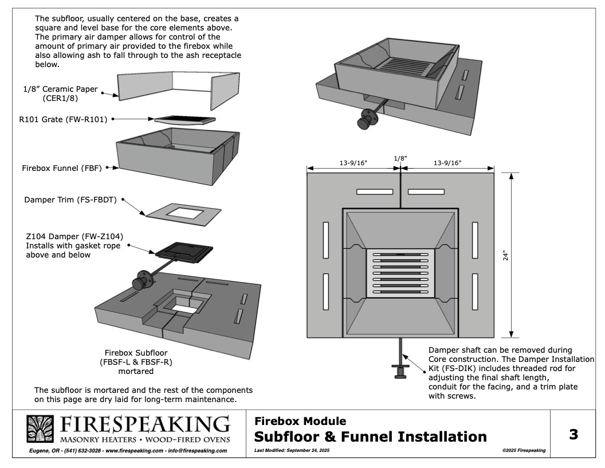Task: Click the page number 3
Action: tap(572, 435)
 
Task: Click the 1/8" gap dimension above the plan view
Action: tap(400, 158)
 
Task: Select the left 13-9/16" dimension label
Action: tap(353, 162)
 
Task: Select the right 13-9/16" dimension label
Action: tap(447, 162)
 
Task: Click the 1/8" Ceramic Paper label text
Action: tap(60, 93)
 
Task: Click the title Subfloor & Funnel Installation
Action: tap(370, 437)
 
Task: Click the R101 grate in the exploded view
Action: tap(184, 120)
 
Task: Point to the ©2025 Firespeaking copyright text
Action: tap(523, 451)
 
